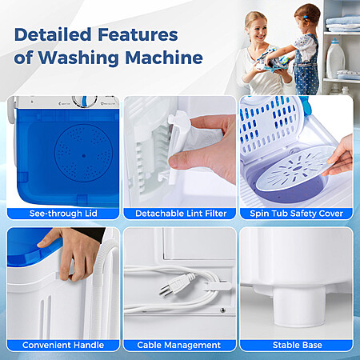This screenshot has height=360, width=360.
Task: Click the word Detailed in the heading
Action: click(53, 34)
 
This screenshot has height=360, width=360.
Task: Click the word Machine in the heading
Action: click(164, 58)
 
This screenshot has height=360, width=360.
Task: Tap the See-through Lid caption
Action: click(63, 214)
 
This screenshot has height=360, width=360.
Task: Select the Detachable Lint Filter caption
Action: click(181, 214)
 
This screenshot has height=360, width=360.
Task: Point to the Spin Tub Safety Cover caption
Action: click(296, 214)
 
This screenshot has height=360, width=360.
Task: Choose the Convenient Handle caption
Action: click(63, 345)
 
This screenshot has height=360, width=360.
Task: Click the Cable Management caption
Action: click(179, 345)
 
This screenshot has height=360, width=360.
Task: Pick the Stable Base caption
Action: click(298, 345)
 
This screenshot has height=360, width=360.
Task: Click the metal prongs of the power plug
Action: click(165, 290)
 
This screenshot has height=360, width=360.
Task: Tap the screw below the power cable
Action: click(222, 310)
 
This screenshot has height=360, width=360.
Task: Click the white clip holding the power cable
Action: click(218, 286)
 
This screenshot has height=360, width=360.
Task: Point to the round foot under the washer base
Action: click(298, 306)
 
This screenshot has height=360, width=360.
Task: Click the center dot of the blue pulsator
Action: click(84, 156)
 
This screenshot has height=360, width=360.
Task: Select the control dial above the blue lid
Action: click(84, 102)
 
